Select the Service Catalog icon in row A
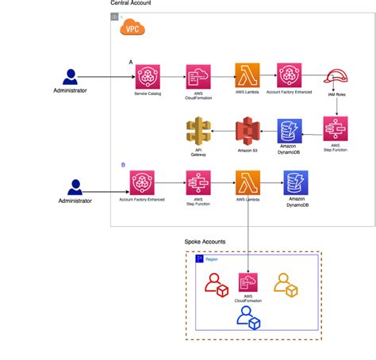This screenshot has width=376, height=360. [x=148, y=76]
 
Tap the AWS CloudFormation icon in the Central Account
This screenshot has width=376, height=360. [x=198, y=76]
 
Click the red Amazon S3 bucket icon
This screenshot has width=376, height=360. [x=247, y=130]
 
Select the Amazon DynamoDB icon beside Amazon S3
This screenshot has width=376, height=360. [x=290, y=132]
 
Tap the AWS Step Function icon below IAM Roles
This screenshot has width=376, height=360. [x=335, y=130]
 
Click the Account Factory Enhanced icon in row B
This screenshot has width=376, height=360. [x=143, y=183]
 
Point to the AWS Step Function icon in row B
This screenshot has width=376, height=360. [x=198, y=183]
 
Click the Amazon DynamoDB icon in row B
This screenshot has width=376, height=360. [x=297, y=183]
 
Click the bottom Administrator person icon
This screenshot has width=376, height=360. [x=75, y=188]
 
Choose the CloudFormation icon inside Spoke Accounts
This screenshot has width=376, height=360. [x=249, y=283]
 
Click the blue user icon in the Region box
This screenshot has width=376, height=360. [x=248, y=317]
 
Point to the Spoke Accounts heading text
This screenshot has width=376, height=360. [x=205, y=241]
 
